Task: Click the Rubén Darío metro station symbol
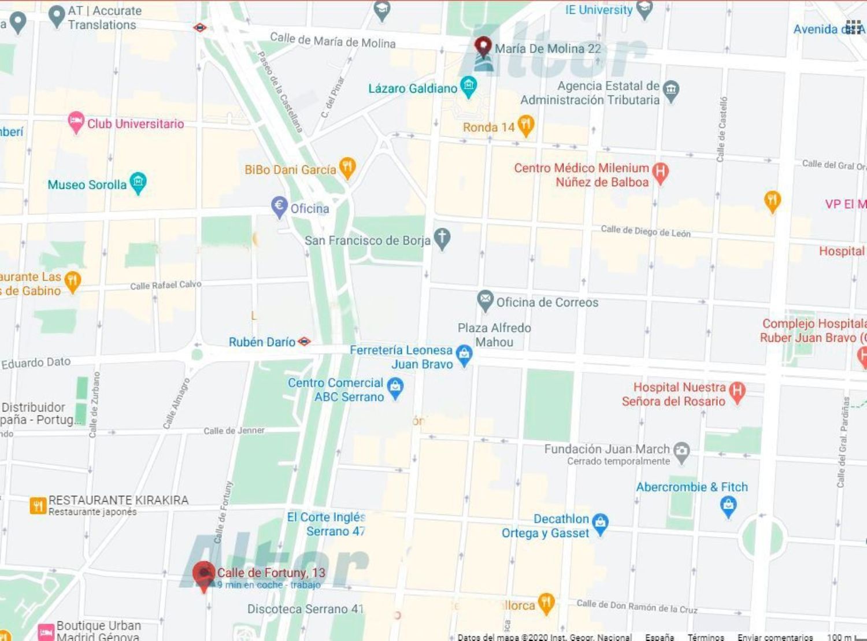tap(304, 342)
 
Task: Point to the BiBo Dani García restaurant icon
tap(347, 168)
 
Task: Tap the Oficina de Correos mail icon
tap(485, 301)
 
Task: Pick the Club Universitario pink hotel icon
tap(76, 122)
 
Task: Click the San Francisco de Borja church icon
tap(442, 239)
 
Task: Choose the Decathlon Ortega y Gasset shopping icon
tap(601, 524)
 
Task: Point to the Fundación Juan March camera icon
tap(682, 452)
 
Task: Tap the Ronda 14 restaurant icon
tap(525, 125)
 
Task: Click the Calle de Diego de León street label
tap(646, 231)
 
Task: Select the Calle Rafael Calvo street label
tap(166, 285)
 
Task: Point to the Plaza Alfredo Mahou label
tap(494, 335)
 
